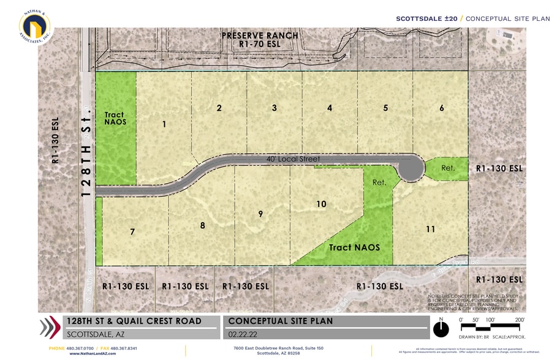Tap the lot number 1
click(164, 124)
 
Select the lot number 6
click(441, 108)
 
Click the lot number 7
click(132, 231)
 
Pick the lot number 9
click(260, 214)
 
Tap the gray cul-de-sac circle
click(410, 168)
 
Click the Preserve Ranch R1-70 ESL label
click(260, 40)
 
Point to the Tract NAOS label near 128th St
click(115, 118)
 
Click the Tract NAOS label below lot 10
click(354, 247)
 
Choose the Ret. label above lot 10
click(379, 182)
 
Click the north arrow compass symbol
click(441, 329)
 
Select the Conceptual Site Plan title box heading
click(281, 321)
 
